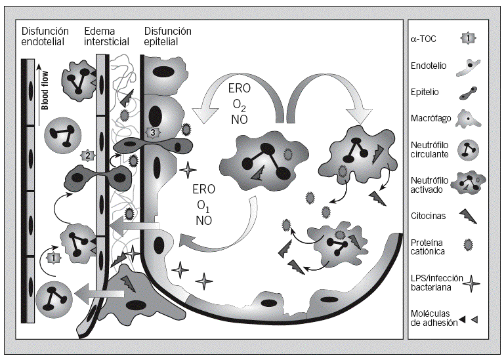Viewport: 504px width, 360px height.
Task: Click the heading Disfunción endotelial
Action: coord(45,37)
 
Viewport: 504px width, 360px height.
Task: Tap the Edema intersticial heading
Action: coord(108,37)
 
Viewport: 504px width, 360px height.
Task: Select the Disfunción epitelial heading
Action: coord(167,37)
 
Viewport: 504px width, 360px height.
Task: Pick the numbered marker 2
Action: coord(86,155)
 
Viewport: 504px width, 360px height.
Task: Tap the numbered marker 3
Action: coord(153,132)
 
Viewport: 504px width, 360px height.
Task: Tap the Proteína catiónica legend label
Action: coord(427,247)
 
